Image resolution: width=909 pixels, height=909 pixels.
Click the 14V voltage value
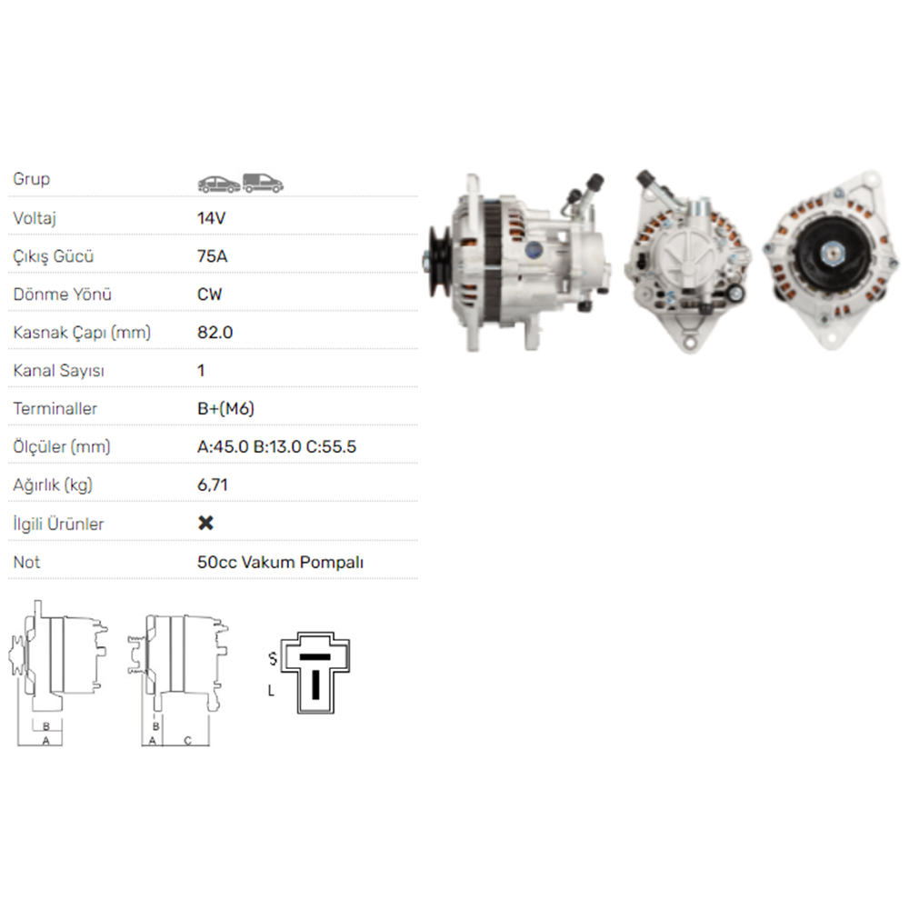(x=211, y=218)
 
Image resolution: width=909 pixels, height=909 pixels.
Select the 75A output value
(x=212, y=256)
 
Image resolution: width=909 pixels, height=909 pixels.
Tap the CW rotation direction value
(x=209, y=295)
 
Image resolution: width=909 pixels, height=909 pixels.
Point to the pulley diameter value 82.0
(x=215, y=333)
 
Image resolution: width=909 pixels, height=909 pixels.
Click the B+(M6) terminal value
(x=225, y=409)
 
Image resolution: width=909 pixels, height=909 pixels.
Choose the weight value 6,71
(x=212, y=485)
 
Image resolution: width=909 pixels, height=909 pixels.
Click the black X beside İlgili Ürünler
(x=205, y=523)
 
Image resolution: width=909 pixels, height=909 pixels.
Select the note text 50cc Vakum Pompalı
(x=280, y=563)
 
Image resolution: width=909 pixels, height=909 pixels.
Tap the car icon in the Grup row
(x=218, y=185)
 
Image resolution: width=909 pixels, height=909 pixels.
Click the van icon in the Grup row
(x=263, y=184)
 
